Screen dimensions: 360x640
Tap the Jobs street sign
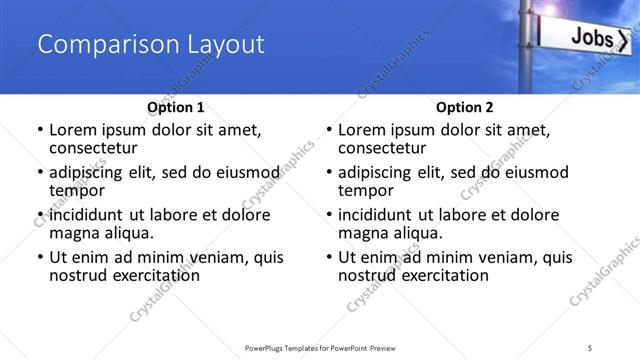click(x=590, y=39)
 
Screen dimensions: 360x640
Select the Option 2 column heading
click(x=464, y=107)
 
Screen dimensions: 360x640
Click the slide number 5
click(x=590, y=347)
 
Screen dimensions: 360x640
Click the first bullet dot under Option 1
click(x=39, y=130)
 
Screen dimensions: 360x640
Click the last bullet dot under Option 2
click(x=329, y=257)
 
